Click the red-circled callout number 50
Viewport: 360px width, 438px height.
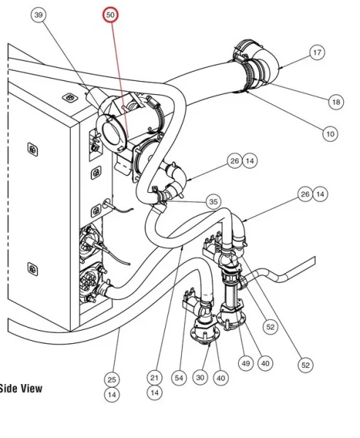coord(110,15)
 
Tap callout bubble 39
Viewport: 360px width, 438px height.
coord(39,15)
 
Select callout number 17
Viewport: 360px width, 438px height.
coord(317,53)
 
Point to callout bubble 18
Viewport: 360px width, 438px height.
coord(336,102)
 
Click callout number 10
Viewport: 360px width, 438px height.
coord(330,134)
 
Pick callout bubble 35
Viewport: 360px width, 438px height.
coord(213,201)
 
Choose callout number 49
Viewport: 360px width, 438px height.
coord(245,364)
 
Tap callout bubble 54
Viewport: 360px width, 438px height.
coord(179,378)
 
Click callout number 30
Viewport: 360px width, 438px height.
coord(200,377)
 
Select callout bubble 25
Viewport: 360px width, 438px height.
coord(112,380)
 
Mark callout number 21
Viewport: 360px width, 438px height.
coord(155,377)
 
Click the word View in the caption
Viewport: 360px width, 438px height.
coord(30,388)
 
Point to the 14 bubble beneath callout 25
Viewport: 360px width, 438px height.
coord(112,395)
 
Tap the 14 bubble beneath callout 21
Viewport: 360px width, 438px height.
coord(155,393)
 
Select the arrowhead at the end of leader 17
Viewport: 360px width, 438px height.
coord(280,67)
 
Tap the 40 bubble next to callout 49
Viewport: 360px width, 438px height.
coord(265,364)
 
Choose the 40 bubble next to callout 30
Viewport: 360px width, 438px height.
coord(221,378)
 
